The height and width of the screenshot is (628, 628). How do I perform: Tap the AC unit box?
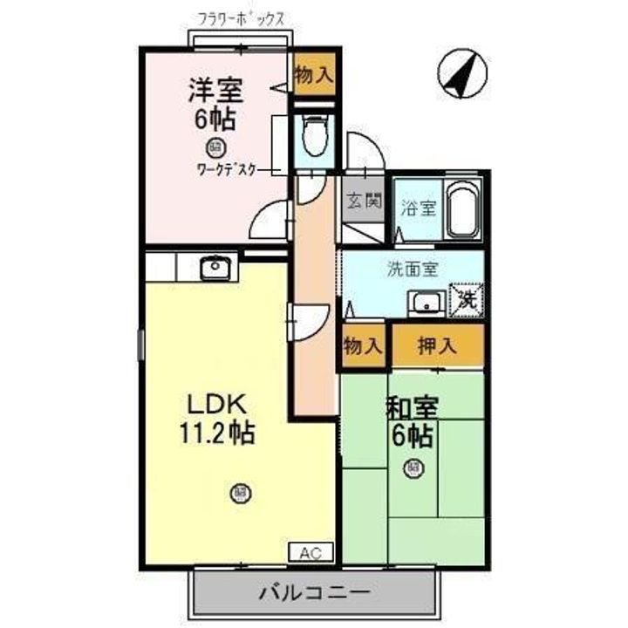point(311,551)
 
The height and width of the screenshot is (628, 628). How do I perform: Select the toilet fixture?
point(313,135)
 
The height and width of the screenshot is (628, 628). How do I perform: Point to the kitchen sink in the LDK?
point(215,268)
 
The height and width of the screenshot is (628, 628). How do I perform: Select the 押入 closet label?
point(436,345)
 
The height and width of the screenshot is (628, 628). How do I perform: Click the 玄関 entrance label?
point(363,201)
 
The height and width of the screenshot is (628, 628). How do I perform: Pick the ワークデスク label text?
point(227,170)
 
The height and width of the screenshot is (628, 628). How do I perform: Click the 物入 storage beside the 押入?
point(363,345)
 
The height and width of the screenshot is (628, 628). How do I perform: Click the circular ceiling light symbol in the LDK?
point(239,494)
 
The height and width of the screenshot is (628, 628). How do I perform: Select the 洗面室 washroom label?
point(412,270)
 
